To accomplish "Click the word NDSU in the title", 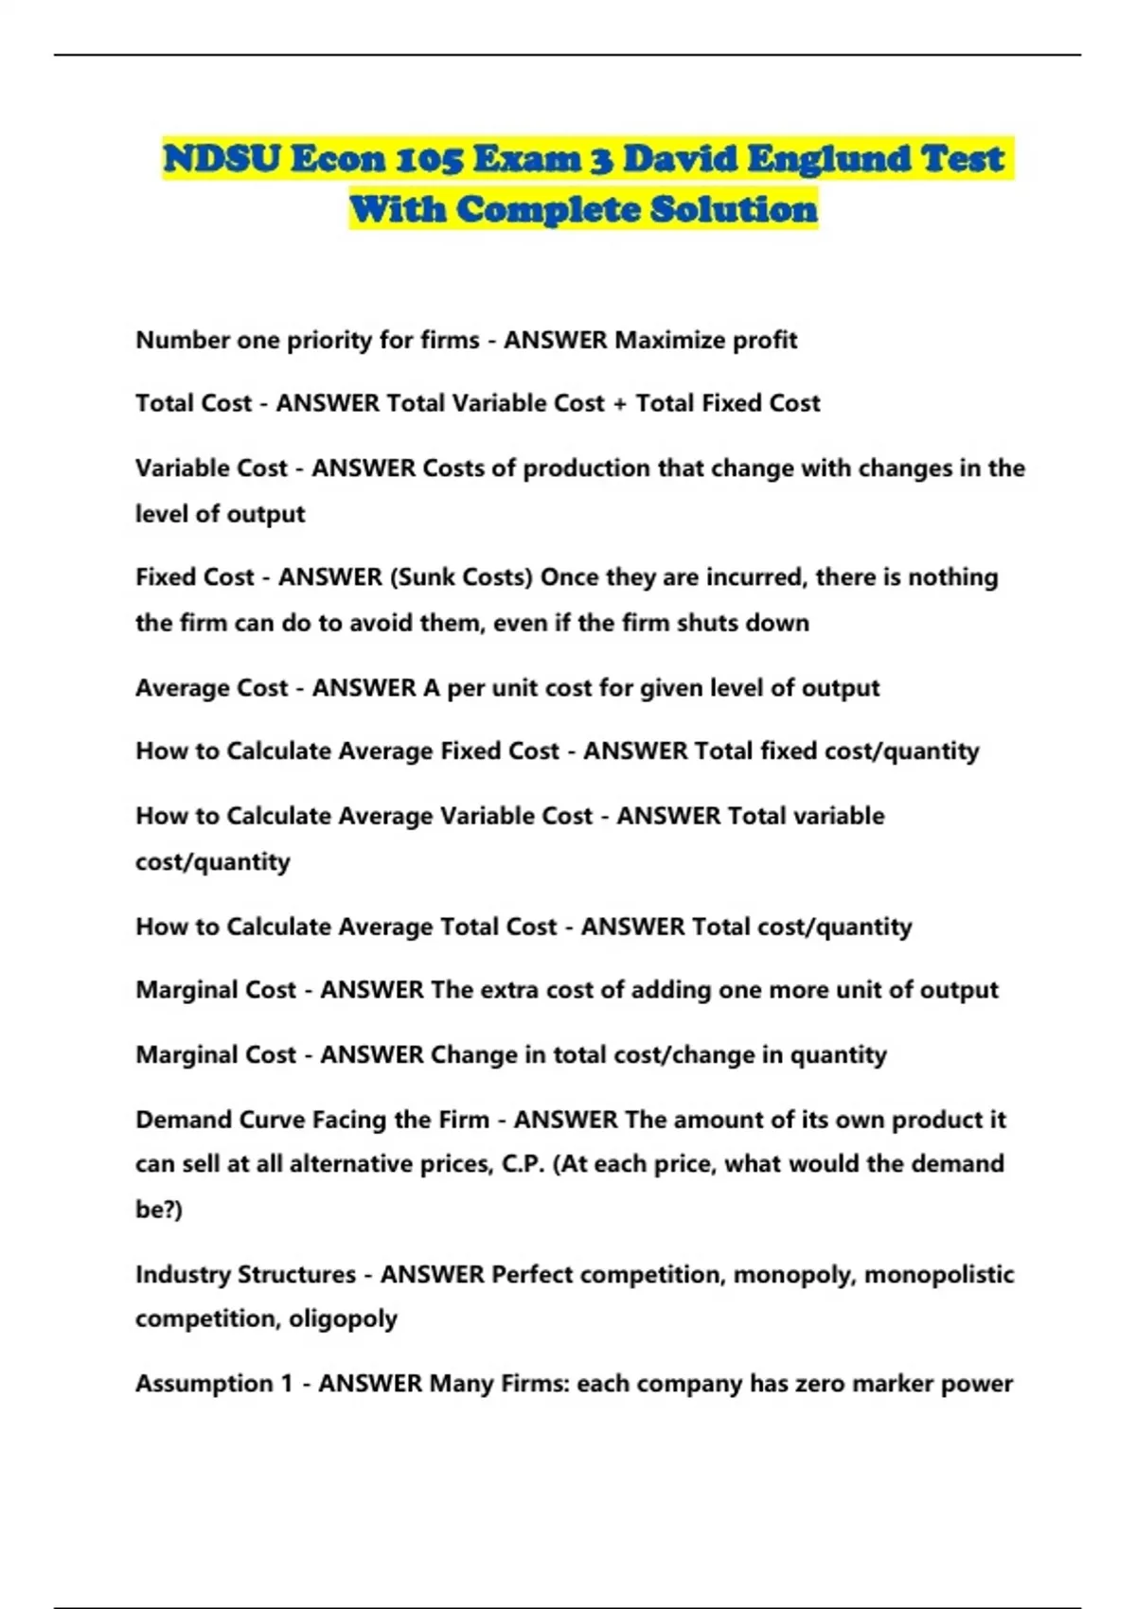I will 222,159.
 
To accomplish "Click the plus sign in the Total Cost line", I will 620,404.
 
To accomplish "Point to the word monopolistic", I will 938,1274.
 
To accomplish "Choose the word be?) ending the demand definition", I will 158,1210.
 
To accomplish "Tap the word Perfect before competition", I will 532,1274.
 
